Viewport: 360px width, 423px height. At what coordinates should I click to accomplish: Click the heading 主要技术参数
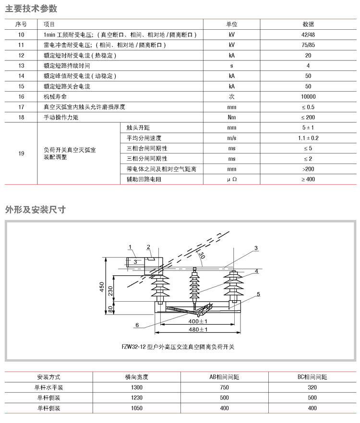(x=31, y=8)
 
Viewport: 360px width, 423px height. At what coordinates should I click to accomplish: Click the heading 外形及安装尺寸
(x=35, y=209)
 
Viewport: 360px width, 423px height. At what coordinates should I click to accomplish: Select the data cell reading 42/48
(x=308, y=35)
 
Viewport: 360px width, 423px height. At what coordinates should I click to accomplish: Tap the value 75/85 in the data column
(x=308, y=45)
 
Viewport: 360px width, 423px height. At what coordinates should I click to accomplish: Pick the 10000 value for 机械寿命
(x=308, y=96)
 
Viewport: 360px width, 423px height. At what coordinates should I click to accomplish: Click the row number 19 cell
(x=21, y=153)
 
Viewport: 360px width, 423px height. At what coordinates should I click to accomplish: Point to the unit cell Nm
(x=232, y=117)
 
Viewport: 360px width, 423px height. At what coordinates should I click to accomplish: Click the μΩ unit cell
(x=232, y=179)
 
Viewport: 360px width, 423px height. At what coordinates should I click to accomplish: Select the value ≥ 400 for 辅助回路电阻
(x=308, y=179)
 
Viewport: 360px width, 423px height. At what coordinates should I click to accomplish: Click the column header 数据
(x=308, y=24)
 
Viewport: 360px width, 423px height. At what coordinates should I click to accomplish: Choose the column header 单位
(x=232, y=24)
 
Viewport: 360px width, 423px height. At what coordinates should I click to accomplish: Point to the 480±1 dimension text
(x=197, y=330)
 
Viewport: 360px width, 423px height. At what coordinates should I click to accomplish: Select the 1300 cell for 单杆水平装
(x=136, y=387)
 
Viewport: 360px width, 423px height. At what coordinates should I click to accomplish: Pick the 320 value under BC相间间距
(x=312, y=387)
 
